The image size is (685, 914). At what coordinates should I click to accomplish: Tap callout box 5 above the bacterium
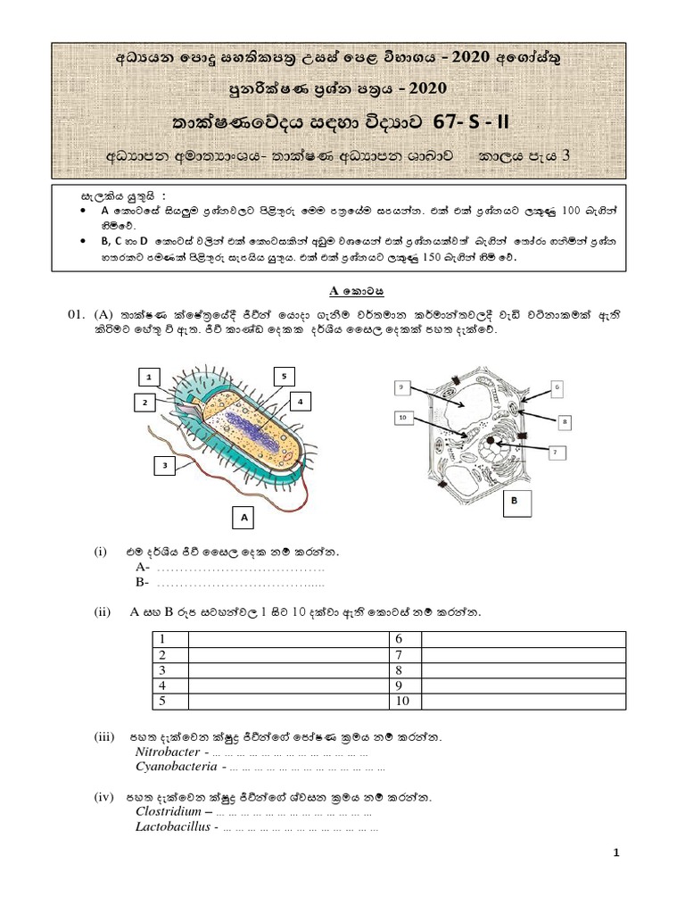coord(283,377)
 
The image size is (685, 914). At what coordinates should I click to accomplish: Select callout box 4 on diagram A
coord(301,402)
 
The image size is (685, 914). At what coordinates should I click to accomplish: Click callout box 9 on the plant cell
coord(403,386)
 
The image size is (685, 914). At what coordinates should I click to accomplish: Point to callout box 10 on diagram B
coord(402,417)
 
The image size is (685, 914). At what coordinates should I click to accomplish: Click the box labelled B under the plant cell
coord(515,503)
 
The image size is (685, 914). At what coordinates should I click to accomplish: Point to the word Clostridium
coord(169,812)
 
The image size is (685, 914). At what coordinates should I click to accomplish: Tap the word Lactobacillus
coord(173,827)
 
